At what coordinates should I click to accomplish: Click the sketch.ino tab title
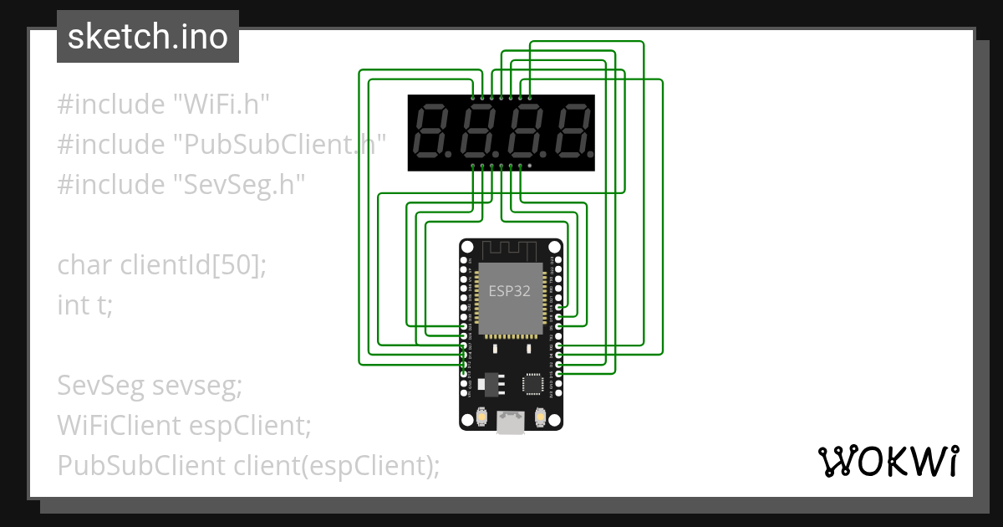[148, 37]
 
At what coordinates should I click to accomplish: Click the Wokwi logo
[888, 461]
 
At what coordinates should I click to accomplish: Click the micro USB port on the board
[511, 422]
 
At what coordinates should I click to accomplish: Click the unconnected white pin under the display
[529, 166]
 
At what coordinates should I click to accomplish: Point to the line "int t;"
[84, 304]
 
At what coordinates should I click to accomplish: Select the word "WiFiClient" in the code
[117, 426]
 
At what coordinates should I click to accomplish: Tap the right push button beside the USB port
[541, 416]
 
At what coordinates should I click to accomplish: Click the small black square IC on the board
[533, 384]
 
